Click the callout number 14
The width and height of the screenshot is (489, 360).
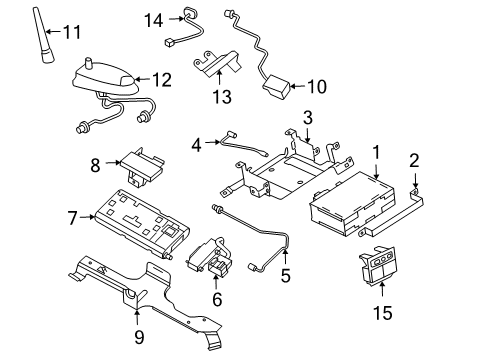pos(153,18)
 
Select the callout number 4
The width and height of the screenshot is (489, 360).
pos(197,143)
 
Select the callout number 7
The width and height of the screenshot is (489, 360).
pos(71,215)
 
